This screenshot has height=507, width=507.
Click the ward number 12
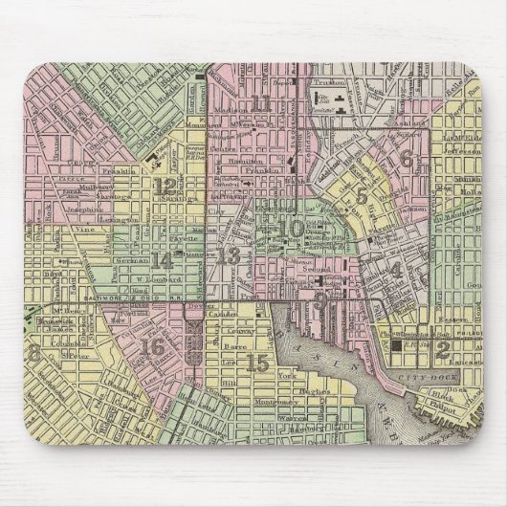coord(167,187)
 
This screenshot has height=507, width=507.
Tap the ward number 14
coord(164,260)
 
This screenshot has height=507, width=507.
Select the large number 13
coord(229,255)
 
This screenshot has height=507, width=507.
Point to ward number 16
coord(151,347)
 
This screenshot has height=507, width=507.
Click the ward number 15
coord(255,363)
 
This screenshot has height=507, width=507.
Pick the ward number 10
coord(293,229)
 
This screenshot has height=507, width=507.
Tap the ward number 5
coord(362,198)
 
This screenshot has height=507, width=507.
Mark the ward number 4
coord(396,270)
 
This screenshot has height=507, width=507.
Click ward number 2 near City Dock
coord(442,350)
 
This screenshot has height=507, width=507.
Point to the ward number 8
coord(35,353)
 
